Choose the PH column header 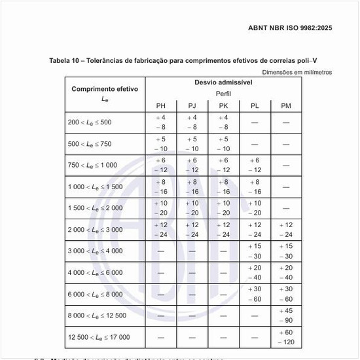click(160, 105)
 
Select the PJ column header click(192, 105)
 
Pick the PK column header click(223, 105)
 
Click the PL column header click(255, 105)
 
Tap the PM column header click(286, 105)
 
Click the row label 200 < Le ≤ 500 click(90, 122)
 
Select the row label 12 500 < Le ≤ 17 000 click(99, 338)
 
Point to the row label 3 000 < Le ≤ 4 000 click(95, 251)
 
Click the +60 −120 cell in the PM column click(286, 338)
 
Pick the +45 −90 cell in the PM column click(286, 315)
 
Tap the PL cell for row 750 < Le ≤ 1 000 click(255, 165)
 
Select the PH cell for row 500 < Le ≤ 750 click(160, 144)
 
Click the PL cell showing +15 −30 click(255, 251)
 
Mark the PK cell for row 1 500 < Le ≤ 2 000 click(223, 208)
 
